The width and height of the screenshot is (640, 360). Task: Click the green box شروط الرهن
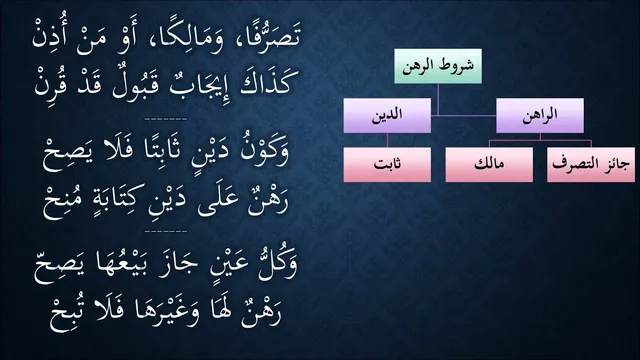coord(438,66)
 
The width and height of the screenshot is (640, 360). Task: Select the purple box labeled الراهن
coord(540,115)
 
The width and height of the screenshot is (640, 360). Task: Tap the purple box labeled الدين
coord(387,115)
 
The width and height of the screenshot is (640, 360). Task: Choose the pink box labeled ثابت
coord(387,164)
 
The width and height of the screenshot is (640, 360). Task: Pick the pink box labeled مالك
coord(489,164)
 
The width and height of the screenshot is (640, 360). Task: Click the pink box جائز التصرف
coord(591,164)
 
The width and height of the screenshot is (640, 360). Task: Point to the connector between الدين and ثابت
coord(387,140)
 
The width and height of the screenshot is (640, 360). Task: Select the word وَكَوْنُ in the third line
coord(266,152)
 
